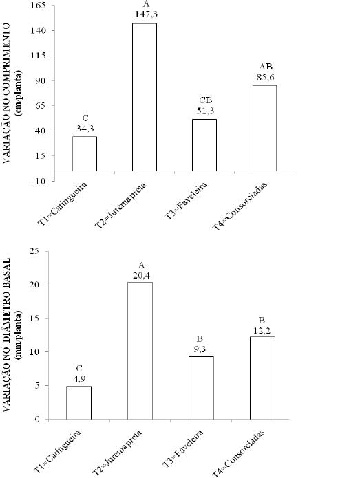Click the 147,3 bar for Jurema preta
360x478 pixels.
point(145,97)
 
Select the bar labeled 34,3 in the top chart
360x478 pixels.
point(85,153)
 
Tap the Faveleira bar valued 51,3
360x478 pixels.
point(204,145)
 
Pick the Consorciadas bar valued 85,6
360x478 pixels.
point(264,128)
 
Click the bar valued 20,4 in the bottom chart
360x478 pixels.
point(140,351)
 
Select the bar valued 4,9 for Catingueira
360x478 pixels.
point(78,403)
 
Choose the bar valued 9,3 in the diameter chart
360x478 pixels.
point(202,388)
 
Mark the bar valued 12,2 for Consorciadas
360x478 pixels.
point(262,378)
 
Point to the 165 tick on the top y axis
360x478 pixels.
point(38,6)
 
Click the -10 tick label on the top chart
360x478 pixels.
point(39,181)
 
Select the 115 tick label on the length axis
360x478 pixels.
point(38,56)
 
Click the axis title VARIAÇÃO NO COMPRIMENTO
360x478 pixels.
point(8,92)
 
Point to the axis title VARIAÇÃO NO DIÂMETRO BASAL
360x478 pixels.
point(8,334)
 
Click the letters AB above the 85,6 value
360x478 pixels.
point(266,67)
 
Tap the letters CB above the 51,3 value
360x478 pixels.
point(205,100)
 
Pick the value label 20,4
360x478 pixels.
point(141,276)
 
